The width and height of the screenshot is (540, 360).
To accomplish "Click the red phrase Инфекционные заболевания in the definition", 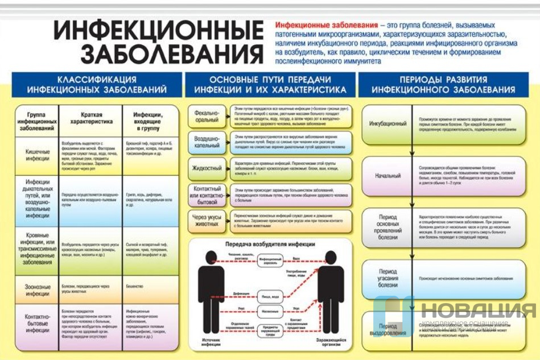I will (326, 26).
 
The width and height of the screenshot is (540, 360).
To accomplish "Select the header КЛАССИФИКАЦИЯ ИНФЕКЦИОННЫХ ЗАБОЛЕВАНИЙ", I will (97, 84).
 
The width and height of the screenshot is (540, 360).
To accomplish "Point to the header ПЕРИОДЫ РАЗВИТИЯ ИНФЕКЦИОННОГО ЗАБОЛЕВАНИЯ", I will (443, 84).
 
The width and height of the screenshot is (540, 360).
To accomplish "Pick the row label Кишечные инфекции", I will (38, 155).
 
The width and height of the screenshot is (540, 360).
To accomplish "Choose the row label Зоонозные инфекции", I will (38, 290).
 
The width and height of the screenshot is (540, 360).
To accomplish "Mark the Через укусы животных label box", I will (206, 220).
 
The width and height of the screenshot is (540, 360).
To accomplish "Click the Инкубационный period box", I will (388, 123).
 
